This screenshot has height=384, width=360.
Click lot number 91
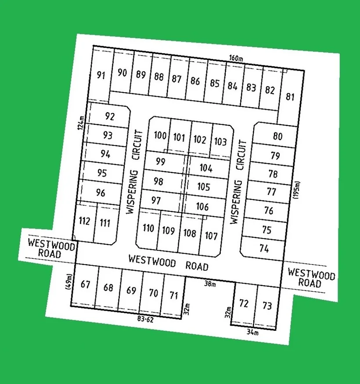click(101, 75)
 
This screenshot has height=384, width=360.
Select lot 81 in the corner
click(290, 97)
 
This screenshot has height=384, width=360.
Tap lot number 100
click(160, 135)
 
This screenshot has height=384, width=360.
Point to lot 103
click(220, 142)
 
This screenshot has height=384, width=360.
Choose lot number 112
click(84, 221)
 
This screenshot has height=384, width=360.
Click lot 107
click(211, 236)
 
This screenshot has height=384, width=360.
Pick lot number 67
click(85, 284)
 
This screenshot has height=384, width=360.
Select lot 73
click(267, 306)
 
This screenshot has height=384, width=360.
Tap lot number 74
click(264, 249)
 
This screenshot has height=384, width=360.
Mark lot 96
click(101, 193)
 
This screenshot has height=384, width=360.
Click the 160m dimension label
click(236, 58)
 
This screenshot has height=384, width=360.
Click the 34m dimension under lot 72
click(253, 333)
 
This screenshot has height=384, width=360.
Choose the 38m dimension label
click(210, 284)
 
